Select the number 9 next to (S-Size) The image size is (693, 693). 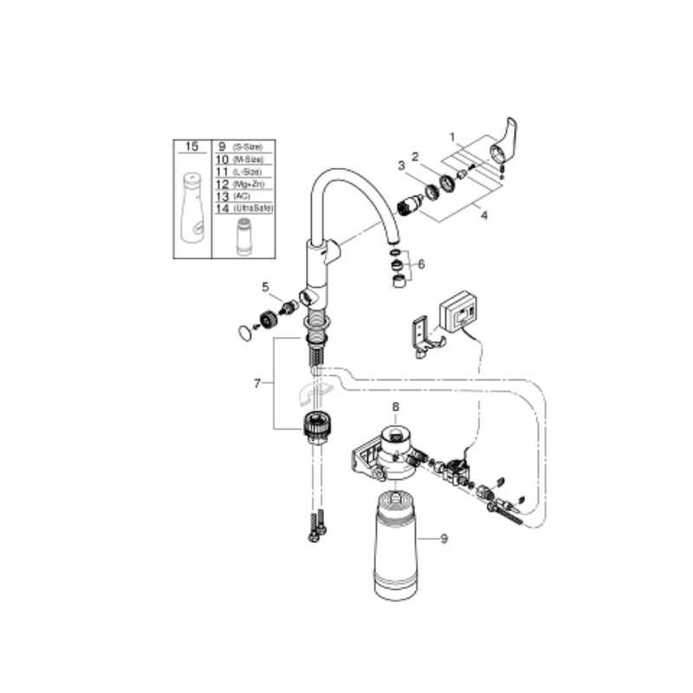(221, 147)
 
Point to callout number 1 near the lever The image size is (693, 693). (452, 136)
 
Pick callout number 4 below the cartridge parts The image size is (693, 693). (484, 215)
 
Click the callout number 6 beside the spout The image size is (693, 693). (422, 264)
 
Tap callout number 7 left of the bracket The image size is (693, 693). (257, 383)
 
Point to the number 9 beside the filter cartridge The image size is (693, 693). (444, 539)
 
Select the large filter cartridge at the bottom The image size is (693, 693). (397, 550)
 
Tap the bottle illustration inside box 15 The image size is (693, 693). (192, 210)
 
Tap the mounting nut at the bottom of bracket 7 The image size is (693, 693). (317, 427)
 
